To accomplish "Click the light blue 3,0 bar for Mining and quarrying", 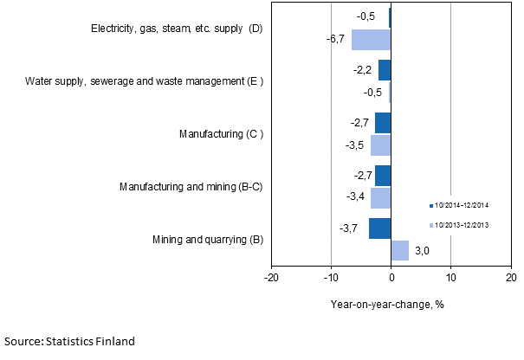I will tap(399, 250).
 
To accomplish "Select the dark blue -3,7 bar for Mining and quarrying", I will tap(379, 228).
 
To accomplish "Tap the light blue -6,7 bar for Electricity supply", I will tap(371, 40).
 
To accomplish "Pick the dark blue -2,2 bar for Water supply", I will tap(385, 70).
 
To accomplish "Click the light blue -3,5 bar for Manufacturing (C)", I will tap(380, 145).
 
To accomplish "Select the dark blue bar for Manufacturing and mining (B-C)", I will tap(383, 176).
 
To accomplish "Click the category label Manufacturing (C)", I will tap(220, 134).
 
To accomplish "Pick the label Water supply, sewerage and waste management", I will tap(144, 81).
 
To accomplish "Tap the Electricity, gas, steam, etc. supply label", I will tap(176, 29).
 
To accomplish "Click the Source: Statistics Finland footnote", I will tap(69, 342).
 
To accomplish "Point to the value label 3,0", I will tap(422, 251).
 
